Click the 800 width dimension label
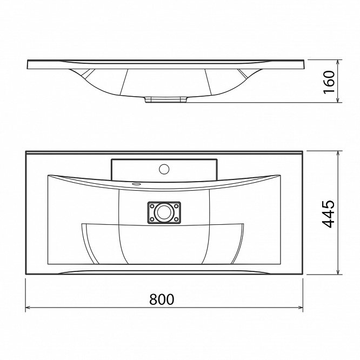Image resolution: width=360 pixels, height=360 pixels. pos(162,299)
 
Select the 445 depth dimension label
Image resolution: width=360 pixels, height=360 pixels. pos(328,214)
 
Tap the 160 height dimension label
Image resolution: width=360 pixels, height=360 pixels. pos(329,82)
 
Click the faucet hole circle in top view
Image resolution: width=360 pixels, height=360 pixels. pos(164,169)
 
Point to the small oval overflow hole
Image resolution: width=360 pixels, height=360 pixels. pos(136,184)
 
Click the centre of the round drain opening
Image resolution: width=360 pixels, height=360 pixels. pos(164,212)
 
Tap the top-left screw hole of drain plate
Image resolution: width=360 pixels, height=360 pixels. pos(151,206)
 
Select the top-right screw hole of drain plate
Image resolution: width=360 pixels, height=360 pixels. pos(176,206)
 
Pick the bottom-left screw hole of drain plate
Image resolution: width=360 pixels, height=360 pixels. pos(151,219)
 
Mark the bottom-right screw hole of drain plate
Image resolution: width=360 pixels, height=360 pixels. pos(176,219)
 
